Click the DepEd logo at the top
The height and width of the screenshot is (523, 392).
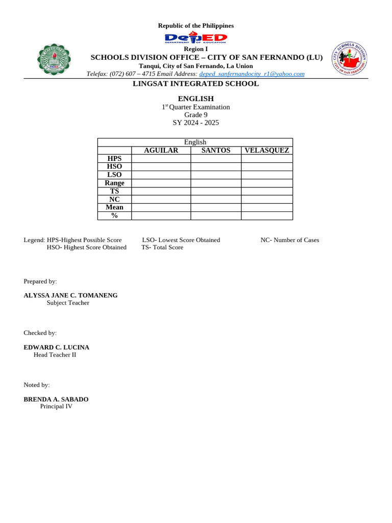(195, 39)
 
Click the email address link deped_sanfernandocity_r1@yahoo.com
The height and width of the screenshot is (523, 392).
(252, 74)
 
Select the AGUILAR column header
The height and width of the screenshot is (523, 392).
(161, 150)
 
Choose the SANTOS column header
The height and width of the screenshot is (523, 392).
(216, 150)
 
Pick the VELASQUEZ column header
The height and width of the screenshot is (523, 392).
(267, 150)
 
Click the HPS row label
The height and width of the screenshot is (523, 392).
(114, 159)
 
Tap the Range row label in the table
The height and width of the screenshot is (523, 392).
(114, 183)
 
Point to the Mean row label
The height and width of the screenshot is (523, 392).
(114, 207)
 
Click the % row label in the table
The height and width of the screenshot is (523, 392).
(114, 216)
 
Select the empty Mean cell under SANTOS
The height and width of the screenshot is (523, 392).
(216, 207)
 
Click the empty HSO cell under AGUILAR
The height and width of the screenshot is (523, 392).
(161, 167)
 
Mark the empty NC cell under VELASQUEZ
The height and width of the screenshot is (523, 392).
(267, 199)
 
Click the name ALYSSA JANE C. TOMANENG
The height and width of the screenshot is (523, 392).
(70, 295)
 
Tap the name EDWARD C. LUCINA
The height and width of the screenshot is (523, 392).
(56, 347)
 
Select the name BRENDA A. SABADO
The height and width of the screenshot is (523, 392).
(56, 399)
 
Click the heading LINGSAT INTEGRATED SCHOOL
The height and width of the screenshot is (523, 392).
(196, 84)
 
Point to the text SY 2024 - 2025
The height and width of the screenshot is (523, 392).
(195, 123)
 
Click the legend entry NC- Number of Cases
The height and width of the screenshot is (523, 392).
(289, 240)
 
